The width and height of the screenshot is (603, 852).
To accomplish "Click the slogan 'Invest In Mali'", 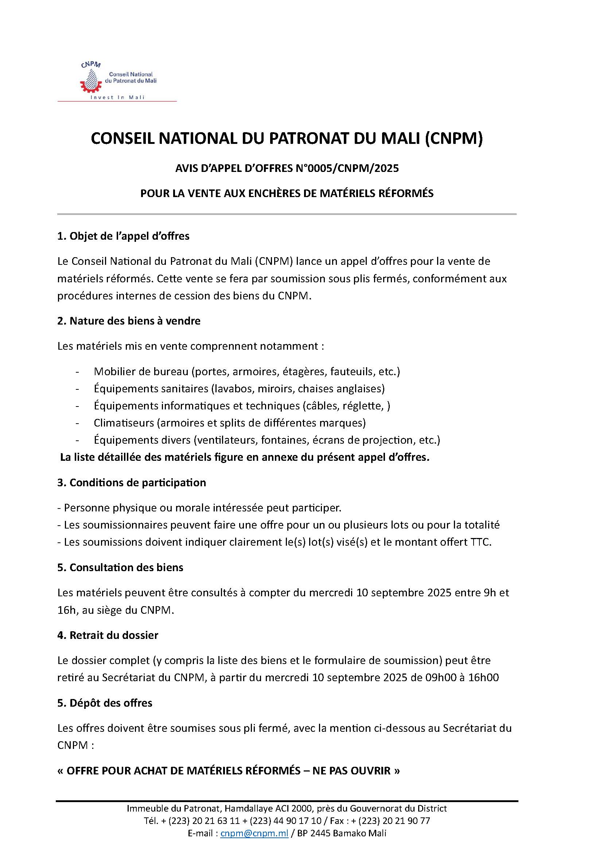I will pyautogui.click(x=117, y=98).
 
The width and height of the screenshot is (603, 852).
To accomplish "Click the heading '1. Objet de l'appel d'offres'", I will pyautogui.click(x=123, y=236).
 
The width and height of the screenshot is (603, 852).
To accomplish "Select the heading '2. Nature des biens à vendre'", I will pyautogui.click(x=129, y=321).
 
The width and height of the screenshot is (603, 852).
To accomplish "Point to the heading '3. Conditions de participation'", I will pyautogui.click(x=132, y=482).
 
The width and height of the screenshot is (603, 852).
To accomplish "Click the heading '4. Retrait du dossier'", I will pyautogui.click(x=108, y=635).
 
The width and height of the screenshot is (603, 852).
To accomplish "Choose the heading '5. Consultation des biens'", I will pyautogui.click(x=120, y=568).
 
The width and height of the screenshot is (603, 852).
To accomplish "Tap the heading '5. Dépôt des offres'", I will pyautogui.click(x=105, y=703).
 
